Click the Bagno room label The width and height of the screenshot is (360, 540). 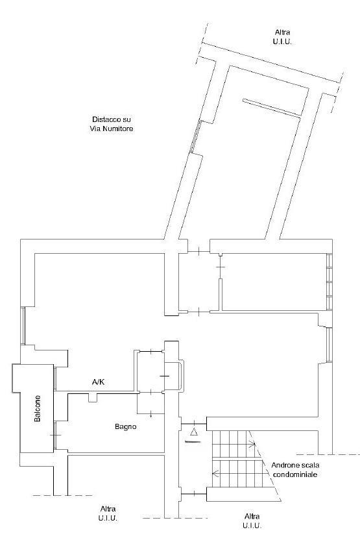[126, 426]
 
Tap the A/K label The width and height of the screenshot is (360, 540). [98, 382]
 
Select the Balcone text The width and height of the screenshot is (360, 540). [37, 408]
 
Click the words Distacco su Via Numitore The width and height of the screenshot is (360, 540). [112, 124]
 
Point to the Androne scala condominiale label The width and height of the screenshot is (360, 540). [295, 470]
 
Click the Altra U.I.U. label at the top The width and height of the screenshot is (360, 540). [283, 37]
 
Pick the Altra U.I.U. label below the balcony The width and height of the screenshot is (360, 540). [108, 513]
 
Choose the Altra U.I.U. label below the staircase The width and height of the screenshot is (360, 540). [252, 521]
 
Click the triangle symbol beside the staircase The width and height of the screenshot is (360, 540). [194, 432]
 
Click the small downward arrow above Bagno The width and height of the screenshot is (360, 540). [150, 414]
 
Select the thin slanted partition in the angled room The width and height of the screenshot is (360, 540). [272, 108]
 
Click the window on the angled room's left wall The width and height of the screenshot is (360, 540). [195, 137]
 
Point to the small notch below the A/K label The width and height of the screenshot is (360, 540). [93, 397]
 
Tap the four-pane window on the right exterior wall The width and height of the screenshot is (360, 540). [330, 282]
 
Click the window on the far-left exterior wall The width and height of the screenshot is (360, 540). [23, 325]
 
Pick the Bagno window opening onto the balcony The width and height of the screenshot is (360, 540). [54, 435]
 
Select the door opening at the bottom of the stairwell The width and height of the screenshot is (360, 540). [194, 494]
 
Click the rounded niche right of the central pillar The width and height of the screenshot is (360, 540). [182, 375]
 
